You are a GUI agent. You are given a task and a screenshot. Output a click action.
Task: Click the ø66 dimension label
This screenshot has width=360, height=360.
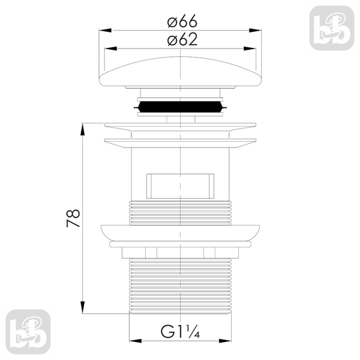182,21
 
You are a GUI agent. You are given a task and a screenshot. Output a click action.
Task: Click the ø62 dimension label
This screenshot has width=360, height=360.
182,40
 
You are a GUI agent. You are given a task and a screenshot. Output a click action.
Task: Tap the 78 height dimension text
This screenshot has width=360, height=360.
73,218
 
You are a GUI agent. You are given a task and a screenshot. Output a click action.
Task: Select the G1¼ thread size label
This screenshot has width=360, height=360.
180,331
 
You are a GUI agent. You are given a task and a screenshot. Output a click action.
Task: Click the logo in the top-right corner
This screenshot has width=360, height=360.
332,28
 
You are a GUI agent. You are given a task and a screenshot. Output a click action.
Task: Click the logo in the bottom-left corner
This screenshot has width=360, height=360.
28,332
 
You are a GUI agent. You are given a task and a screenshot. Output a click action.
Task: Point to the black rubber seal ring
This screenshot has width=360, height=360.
180,107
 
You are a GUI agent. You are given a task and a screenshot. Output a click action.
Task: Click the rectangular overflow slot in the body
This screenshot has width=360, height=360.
180,186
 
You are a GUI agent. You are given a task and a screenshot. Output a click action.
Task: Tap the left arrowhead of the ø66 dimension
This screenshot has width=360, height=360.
105,31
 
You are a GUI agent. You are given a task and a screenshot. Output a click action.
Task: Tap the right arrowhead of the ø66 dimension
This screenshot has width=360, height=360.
255,31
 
